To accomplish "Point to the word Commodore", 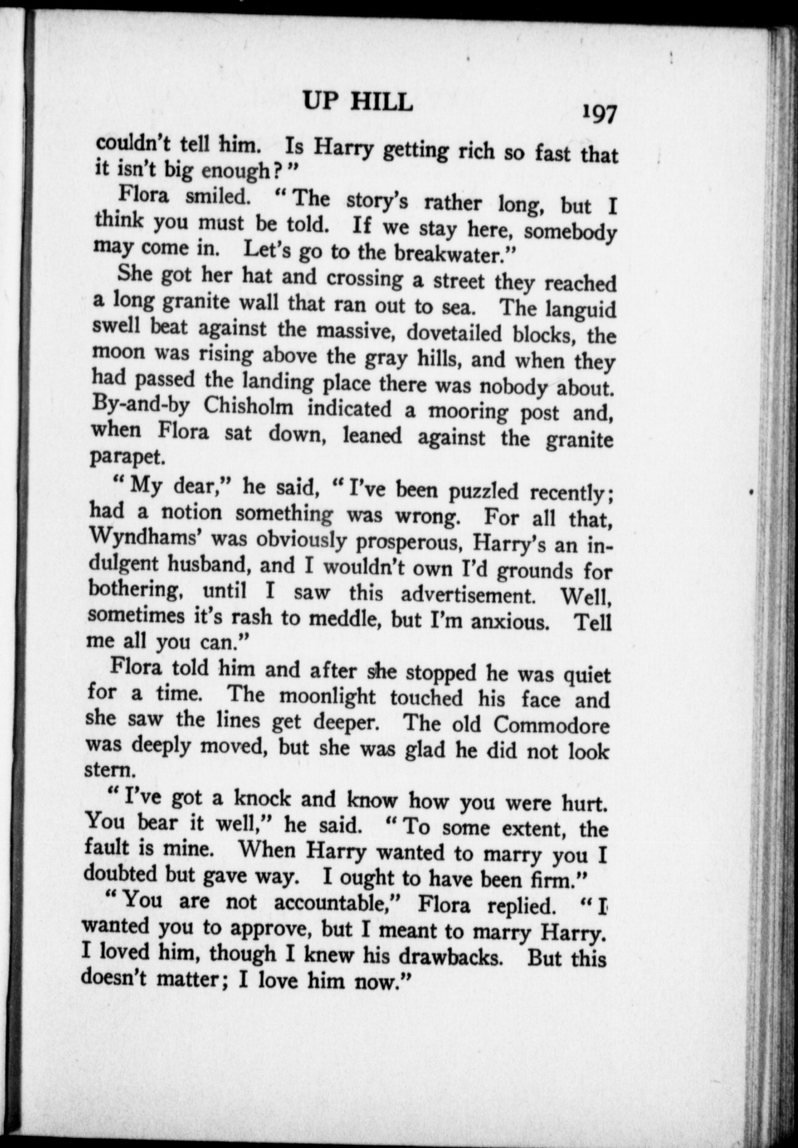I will click(551, 725).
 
